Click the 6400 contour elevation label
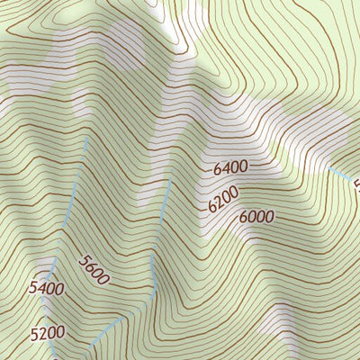231,167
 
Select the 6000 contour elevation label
256,217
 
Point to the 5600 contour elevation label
94,270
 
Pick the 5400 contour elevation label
47,289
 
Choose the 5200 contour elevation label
47,333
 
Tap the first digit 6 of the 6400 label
219,170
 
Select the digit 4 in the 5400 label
43,289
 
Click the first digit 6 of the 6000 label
244,218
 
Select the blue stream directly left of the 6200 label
166,202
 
